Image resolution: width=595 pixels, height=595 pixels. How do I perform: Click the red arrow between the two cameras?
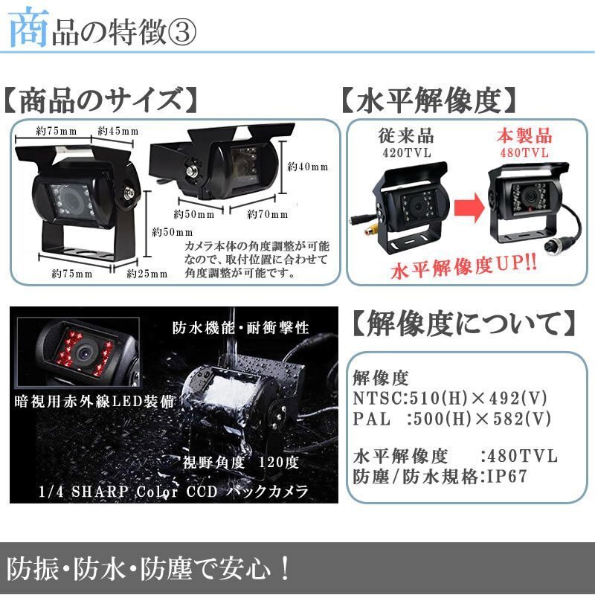tap(469, 208)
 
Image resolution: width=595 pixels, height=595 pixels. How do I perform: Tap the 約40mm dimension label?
tap(307, 167)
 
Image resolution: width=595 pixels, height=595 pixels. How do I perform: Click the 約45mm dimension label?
tap(118, 132)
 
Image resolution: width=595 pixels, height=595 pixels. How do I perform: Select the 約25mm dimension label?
tap(147, 274)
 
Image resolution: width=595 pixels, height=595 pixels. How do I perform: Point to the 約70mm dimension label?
tap(268, 214)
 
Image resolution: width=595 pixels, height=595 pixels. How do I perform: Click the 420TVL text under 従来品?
tap(407, 152)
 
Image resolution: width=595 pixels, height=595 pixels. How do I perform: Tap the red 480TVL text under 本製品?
tap(524, 152)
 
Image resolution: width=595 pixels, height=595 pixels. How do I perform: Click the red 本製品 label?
tap(524, 136)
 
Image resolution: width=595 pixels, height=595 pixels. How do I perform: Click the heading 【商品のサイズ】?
tap(100, 100)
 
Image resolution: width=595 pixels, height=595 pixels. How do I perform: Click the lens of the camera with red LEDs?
tap(83, 353)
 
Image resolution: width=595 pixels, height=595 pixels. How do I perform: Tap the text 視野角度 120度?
tap(241, 463)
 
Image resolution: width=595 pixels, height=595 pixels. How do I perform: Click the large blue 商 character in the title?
tap(28, 28)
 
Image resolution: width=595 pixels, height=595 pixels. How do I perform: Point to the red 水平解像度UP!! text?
tap(463, 267)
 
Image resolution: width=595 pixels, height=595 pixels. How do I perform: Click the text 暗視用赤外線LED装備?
tap(94, 402)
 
